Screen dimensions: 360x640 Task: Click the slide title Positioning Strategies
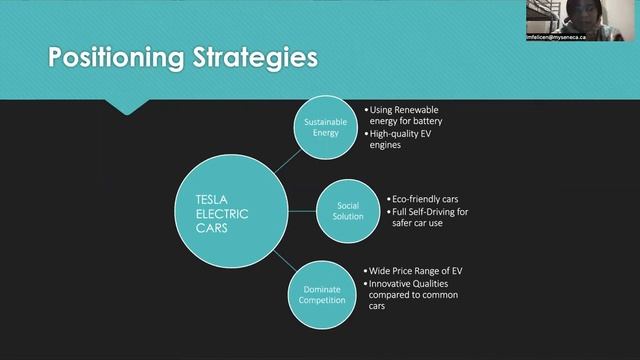183,58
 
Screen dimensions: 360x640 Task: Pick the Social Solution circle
348,210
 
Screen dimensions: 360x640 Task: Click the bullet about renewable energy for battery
405,115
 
